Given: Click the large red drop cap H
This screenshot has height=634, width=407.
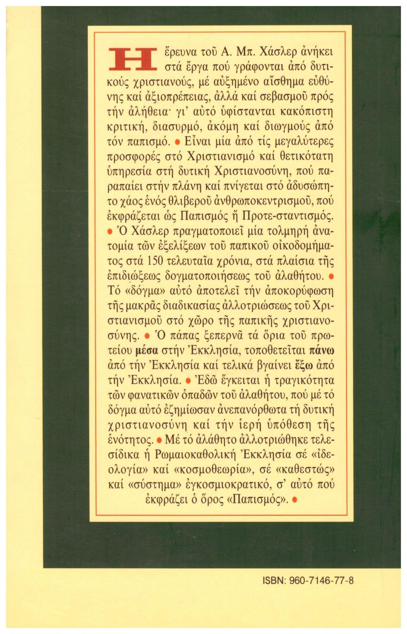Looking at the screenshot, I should click(x=133, y=59).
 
